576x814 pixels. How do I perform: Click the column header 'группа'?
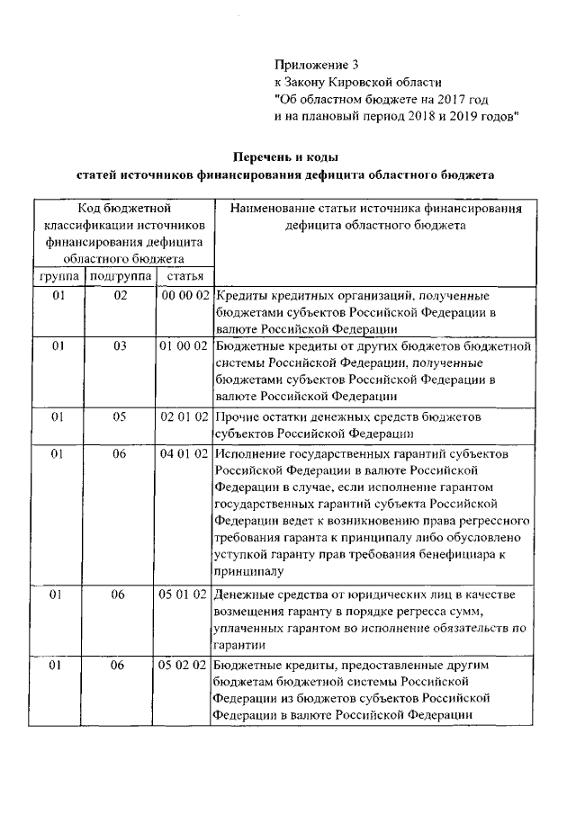pos(58,275)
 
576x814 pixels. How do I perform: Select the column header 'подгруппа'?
pos(121,275)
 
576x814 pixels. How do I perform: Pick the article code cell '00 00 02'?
pos(184,295)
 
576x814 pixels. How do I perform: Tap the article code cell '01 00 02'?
pos(184,345)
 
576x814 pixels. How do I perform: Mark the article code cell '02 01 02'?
pos(184,417)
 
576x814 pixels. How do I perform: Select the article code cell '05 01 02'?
pos(184,595)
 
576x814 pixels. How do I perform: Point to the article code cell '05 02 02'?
pos(184,667)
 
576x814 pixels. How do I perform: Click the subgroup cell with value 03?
pos(121,345)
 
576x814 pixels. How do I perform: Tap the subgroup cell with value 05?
pos(121,417)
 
